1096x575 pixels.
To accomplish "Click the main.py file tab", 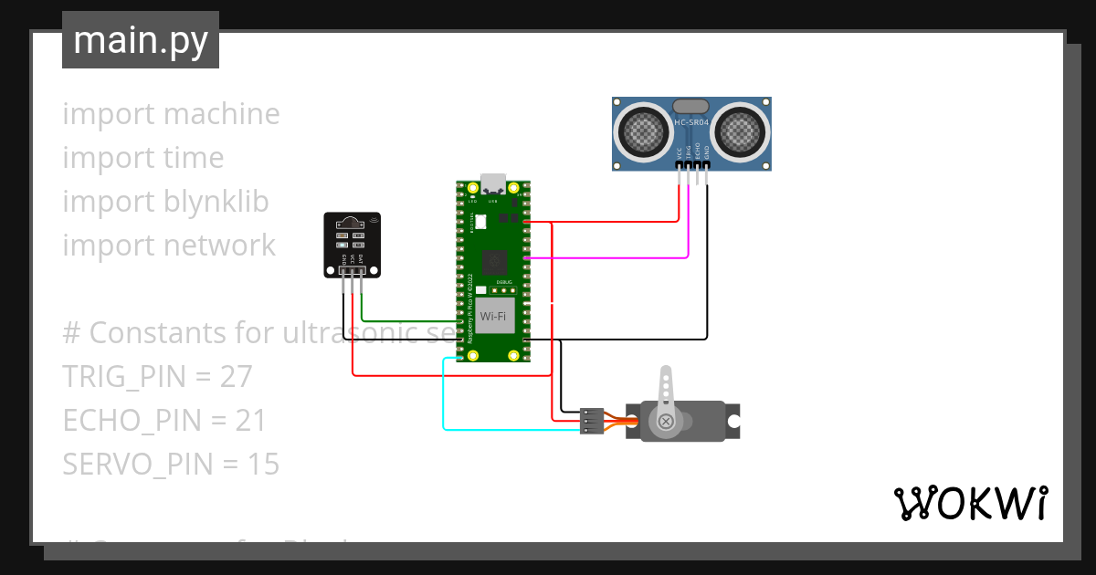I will pyautogui.click(x=140, y=41).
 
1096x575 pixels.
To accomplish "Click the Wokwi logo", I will pyautogui.click(x=970, y=503).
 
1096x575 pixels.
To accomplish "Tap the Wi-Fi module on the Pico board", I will pyautogui.click(x=493, y=315).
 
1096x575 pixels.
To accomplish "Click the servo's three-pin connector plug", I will pyautogui.click(x=590, y=420).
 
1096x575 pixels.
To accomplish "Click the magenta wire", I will pyautogui.click(x=621, y=258).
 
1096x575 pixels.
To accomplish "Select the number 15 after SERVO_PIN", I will pyautogui.click(x=263, y=465).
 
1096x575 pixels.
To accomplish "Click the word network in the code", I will pyautogui.click(x=220, y=246).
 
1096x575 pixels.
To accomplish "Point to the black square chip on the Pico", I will pyautogui.click(x=494, y=261).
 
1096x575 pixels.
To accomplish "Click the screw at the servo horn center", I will pyautogui.click(x=666, y=421).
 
